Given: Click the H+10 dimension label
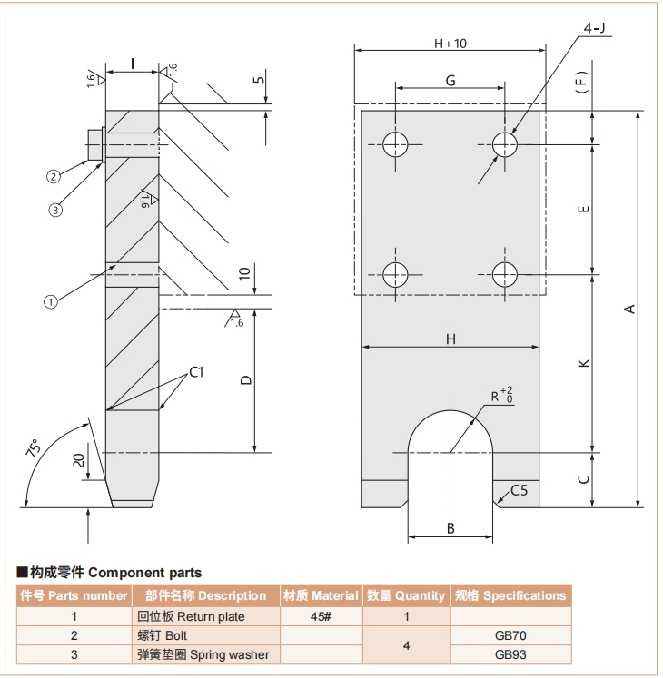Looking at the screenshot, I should [450, 43].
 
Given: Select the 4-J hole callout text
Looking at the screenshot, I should [596, 28].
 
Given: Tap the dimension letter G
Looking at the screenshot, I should [450, 80].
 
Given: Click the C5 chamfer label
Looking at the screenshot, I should [519, 491].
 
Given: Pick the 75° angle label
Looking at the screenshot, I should [34, 448].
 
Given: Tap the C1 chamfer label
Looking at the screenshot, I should [197, 372].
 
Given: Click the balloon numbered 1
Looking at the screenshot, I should [51, 301].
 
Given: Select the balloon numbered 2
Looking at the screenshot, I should [54, 176].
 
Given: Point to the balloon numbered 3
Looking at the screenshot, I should [56, 210].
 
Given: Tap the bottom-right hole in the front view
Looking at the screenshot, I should [505, 273].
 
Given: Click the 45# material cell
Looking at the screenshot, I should [322, 616].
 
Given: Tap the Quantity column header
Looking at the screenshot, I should [406, 595].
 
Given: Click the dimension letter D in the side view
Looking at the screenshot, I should [245, 380].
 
